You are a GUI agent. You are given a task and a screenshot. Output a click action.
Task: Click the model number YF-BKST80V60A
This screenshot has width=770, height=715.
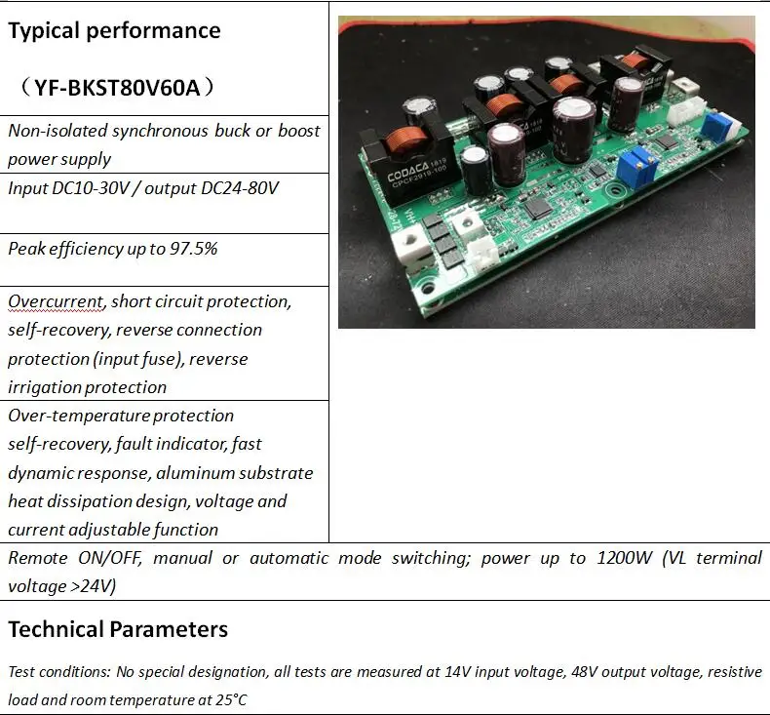tap(117, 89)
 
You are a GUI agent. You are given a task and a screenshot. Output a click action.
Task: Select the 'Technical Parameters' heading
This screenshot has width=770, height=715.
tap(118, 629)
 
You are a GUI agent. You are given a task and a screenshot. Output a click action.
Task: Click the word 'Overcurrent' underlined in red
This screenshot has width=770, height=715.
tap(54, 301)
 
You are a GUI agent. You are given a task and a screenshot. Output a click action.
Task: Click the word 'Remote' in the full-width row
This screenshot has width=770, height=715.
tap(38, 558)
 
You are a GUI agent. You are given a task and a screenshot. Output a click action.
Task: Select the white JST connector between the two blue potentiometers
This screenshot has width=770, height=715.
tap(693, 109)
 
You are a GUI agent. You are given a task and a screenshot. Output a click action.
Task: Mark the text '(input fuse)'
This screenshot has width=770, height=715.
tap(137, 359)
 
